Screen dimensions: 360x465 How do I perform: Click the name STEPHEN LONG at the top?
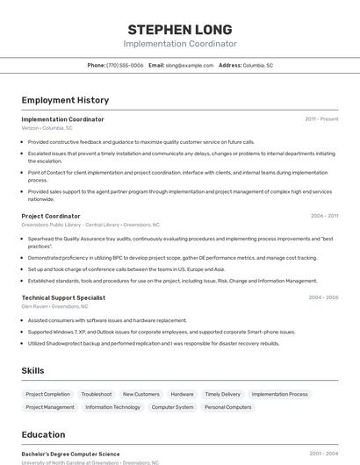point(179,28)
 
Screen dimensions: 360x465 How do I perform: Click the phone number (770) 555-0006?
point(125,65)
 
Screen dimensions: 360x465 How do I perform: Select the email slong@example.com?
point(190,65)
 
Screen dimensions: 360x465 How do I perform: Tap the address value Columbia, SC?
point(258,65)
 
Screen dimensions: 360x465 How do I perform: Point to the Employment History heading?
point(65,100)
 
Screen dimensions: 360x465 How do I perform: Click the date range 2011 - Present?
point(321,118)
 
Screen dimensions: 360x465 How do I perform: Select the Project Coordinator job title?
point(51,216)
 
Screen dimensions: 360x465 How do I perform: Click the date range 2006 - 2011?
point(324,216)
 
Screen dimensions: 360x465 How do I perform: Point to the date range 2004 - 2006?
point(323,297)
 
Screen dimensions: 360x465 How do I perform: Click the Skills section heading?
point(32,370)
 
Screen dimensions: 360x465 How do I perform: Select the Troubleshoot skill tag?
point(97,394)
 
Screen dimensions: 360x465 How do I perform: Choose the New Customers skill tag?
point(140,394)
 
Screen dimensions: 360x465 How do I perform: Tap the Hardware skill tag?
point(183,394)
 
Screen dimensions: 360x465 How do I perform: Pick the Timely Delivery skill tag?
point(222,394)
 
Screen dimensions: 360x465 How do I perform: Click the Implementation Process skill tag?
point(279,394)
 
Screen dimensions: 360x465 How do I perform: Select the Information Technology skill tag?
point(112,407)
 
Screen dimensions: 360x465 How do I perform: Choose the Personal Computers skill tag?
point(227,407)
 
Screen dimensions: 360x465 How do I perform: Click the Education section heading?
point(43,434)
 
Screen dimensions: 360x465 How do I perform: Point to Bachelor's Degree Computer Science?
point(70,454)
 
